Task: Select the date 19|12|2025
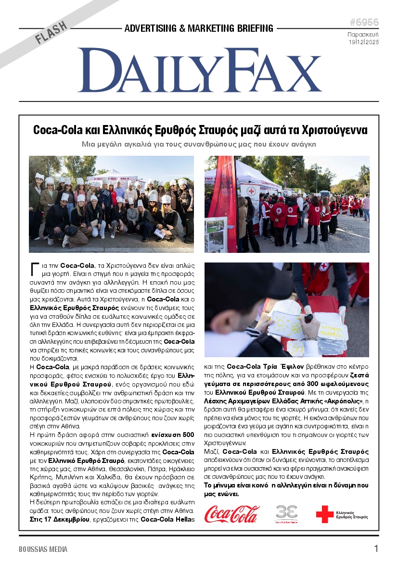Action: tap(364, 42)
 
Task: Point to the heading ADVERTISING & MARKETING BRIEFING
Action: tap(199, 28)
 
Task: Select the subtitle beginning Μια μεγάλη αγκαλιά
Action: tap(199, 144)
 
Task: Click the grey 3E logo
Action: tap(286, 512)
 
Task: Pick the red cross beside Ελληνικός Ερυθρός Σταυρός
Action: tap(324, 514)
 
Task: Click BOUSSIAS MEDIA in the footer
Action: tap(43, 549)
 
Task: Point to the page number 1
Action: tap(376, 549)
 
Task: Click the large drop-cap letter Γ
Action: tap(34, 268)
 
